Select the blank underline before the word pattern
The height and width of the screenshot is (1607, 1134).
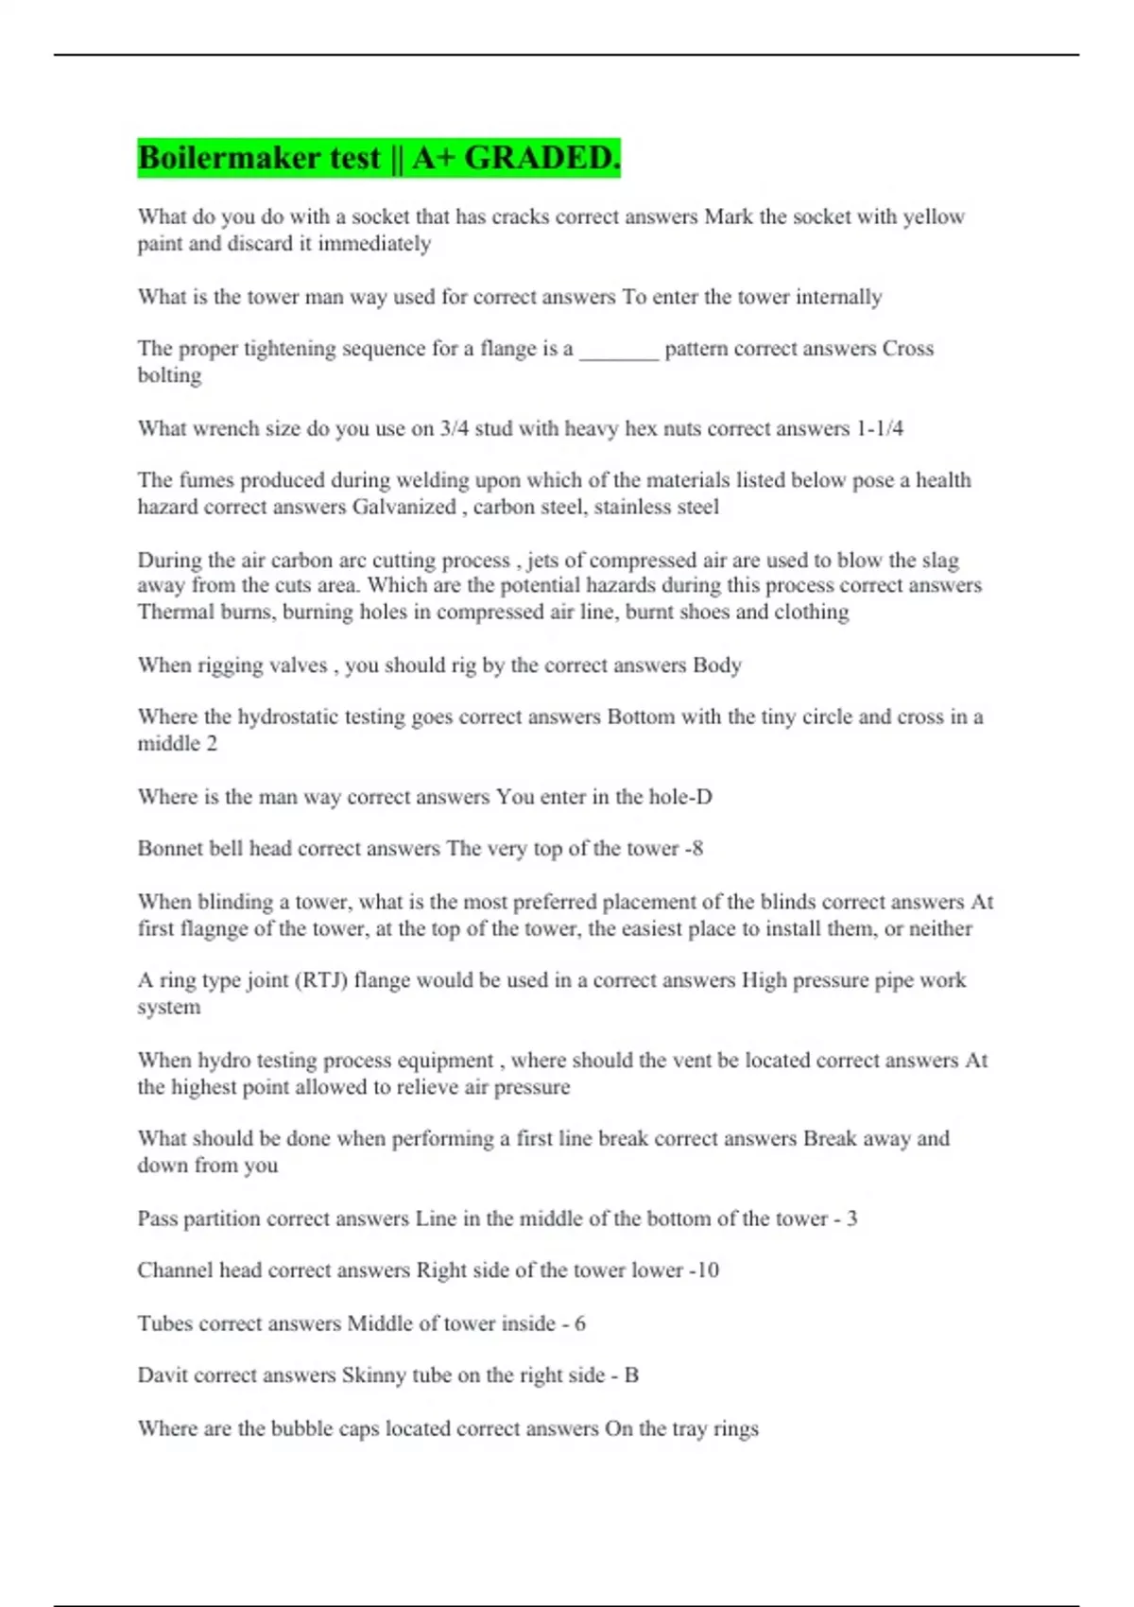tap(618, 350)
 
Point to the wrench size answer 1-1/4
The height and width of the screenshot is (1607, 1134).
tap(879, 428)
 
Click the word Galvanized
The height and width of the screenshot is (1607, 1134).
tap(404, 507)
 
